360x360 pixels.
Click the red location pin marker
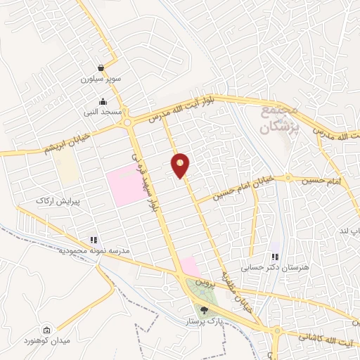click(x=181, y=165)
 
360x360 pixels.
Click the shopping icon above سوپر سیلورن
click(x=102, y=68)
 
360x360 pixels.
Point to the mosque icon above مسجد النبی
click(x=103, y=101)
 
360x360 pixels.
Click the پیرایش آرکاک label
click(x=58, y=200)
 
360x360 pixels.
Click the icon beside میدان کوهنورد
click(x=46, y=330)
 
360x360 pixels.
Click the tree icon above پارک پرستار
click(x=205, y=309)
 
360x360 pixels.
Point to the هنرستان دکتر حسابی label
click(x=265, y=267)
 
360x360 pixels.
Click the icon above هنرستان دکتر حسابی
click(x=274, y=257)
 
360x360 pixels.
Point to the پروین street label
click(x=203, y=283)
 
